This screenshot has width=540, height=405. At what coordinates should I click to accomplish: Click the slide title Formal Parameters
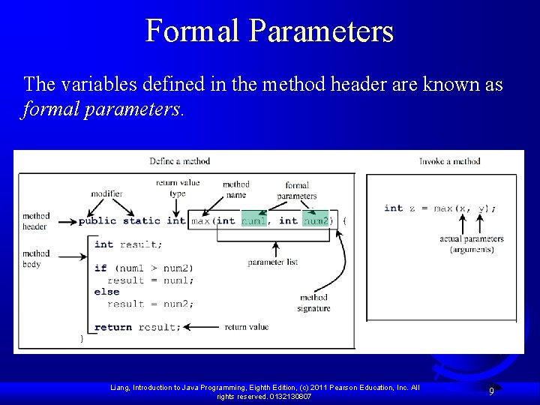tap(269, 31)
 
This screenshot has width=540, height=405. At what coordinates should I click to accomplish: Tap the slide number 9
tap(491, 391)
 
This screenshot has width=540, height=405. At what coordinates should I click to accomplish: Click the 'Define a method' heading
tap(180, 160)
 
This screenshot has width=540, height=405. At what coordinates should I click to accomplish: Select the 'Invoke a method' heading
tap(450, 160)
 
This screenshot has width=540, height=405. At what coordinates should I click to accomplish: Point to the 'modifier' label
tap(106, 193)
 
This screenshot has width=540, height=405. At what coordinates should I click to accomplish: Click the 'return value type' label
tap(178, 187)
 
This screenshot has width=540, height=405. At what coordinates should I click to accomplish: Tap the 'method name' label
tap(235, 189)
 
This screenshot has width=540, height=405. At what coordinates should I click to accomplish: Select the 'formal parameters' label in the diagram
tap(297, 190)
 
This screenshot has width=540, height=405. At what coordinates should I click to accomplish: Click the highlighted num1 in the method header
tap(253, 220)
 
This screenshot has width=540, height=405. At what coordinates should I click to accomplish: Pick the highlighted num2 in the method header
tap(315, 220)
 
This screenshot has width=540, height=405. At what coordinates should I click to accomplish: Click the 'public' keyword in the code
tap(97, 220)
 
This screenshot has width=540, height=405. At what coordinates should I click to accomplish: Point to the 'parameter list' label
tap(273, 262)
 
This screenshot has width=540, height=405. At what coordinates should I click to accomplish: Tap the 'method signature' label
tap(313, 302)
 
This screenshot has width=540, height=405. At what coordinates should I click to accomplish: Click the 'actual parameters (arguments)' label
tap(472, 244)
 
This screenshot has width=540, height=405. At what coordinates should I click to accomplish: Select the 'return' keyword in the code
tap(113, 327)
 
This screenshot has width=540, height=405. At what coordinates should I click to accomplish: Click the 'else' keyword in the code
tap(106, 292)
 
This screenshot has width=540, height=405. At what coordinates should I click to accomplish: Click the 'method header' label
tap(35, 221)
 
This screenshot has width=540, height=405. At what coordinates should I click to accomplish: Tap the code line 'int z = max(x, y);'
tap(439, 208)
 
